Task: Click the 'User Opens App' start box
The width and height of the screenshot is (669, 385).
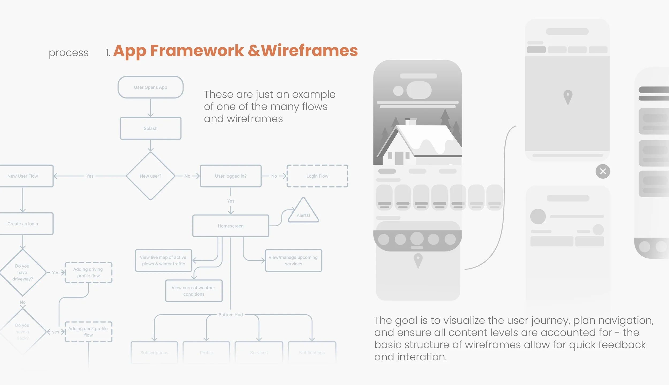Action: pyautogui.click(x=150, y=87)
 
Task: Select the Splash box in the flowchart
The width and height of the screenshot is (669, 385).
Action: pyautogui.click(x=150, y=128)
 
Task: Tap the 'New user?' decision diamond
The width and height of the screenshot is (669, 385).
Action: pyautogui.click(x=150, y=176)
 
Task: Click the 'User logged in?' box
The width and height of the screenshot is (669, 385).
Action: pyautogui.click(x=231, y=176)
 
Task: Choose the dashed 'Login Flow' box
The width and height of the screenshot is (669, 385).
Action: pyautogui.click(x=317, y=176)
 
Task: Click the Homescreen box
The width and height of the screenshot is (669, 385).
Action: pyautogui.click(x=231, y=226)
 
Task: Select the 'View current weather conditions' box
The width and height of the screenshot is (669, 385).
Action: pyautogui.click(x=194, y=291)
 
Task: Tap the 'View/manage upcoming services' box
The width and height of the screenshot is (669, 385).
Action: pyautogui.click(x=293, y=261)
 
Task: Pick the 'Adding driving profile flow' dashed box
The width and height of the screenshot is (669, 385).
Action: pyautogui.click(x=88, y=272)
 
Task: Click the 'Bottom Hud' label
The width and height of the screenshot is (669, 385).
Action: pyautogui.click(x=231, y=315)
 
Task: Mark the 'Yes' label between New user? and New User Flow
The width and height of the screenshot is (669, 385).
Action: pyautogui.click(x=90, y=176)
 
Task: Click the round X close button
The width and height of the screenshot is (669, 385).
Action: pyautogui.click(x=603, y=171)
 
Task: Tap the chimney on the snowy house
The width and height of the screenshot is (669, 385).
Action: pyautogui.click(x=410, y=122)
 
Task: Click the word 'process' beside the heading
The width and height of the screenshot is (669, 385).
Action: pyautogui.click(x=69, y=53)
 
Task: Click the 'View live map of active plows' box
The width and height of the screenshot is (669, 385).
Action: pyautogui.click(x=164, y=261)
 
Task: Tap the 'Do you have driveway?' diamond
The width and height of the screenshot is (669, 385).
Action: pyautogui.click(x=23, y=272)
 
